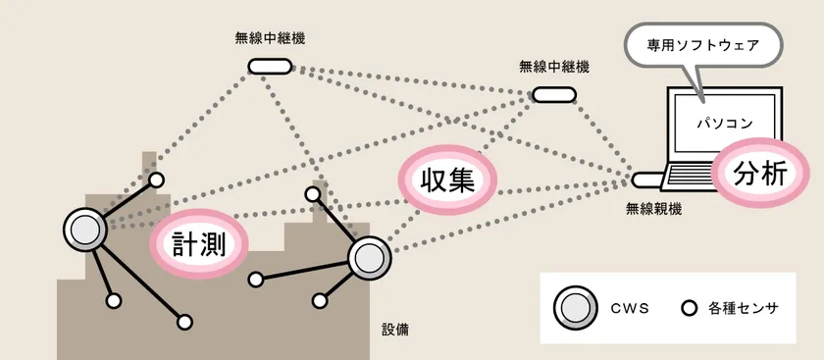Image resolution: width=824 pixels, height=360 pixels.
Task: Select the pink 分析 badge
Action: (760, 174)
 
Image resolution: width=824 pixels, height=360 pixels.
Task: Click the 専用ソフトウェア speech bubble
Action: (703, 45)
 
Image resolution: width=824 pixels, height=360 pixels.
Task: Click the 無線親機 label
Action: (653, 209)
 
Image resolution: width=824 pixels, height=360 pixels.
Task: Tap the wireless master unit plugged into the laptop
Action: (646, 180)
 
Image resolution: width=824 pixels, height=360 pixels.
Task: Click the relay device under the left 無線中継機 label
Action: (270, 66)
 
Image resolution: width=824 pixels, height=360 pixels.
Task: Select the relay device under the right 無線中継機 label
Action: (554, 94)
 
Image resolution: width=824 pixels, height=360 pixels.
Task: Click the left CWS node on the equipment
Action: (85, 229)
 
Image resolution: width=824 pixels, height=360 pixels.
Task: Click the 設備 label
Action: (395, 330)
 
